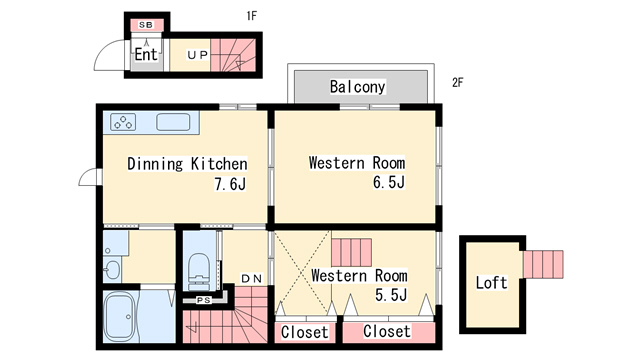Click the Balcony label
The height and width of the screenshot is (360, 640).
[x=358, y=87]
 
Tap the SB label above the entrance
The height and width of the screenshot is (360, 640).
[x=146, y=25]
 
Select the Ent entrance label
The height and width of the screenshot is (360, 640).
[x=146, y=54]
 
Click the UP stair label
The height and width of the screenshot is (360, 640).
[x=198, y=55]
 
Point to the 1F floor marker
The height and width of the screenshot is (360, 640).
[x=252, y=16]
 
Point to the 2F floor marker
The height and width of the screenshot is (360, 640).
[x=458, y=82]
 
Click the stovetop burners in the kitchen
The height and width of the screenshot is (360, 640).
[x=123, y=122]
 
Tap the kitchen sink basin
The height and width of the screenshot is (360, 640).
[x=173, y=122]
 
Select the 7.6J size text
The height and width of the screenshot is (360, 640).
[x=230, y=184]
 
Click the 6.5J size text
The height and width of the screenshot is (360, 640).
[x=389, y=182]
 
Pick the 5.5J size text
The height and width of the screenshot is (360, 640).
[x=391, y=294]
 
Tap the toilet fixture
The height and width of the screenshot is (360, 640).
[x=199, y=271]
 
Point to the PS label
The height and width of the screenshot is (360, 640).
[x=204, y=300]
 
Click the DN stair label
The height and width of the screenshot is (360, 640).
[x=252, y=279]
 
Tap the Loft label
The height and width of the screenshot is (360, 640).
[x=491, y=282]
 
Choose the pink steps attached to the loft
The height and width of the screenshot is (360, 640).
[x=543, y=264]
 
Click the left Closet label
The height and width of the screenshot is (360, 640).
[x=304, y=332]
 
